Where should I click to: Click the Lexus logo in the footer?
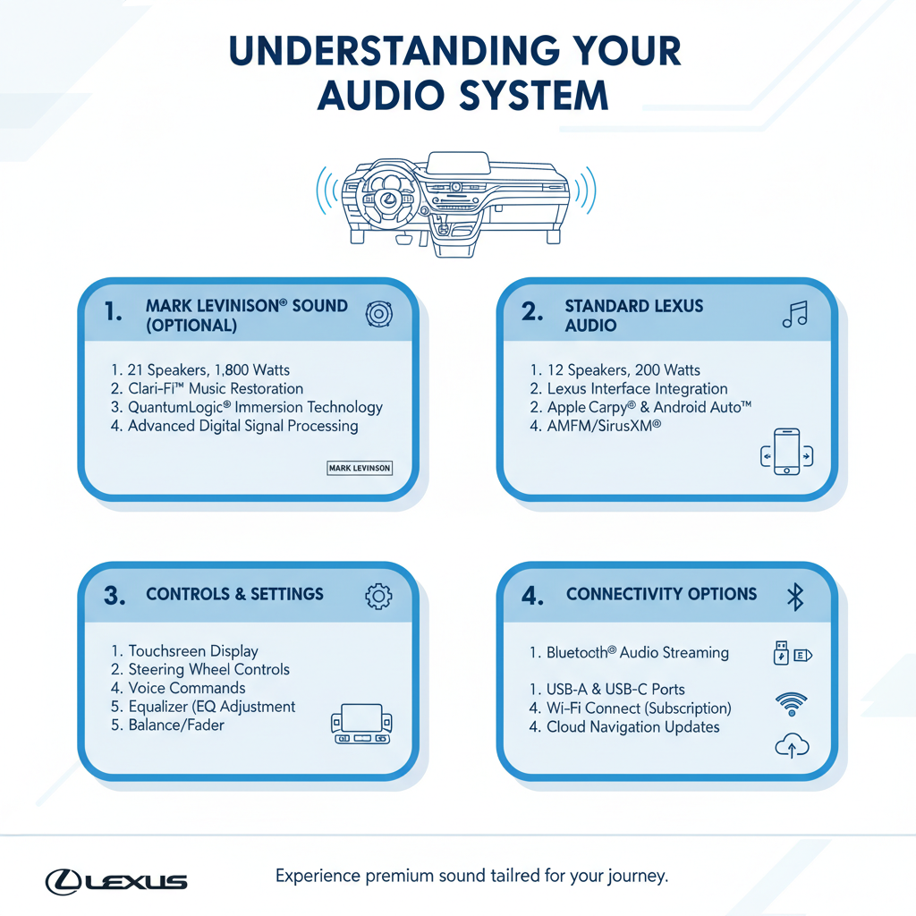[x=116, y=881]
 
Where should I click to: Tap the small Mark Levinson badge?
[x=360, y=468]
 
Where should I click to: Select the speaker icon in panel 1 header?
[x=380, y=315]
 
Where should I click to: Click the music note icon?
[x=794, y=314]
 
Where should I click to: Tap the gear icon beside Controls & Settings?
[x=378, y=597]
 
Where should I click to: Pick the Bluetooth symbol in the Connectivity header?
[x=795, y=597]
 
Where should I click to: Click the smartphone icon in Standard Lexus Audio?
[x=785, y=454]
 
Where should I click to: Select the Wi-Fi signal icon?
[x=791, y=704]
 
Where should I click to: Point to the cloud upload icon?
[x=791, y=745]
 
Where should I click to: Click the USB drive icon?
[x=782, y=654]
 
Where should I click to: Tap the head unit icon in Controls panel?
[x=362, y=724]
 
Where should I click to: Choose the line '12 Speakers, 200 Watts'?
[x=615, y=369]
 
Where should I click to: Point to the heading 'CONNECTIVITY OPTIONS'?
[x=661, y=594]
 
